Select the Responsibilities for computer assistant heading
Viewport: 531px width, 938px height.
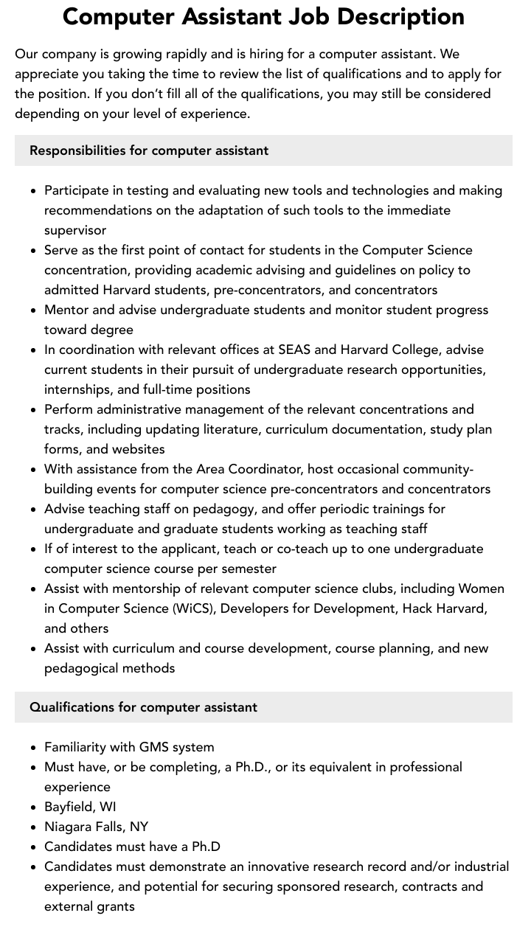(x=149, y=150)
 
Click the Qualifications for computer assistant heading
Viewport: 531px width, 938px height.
(x=143, y=707)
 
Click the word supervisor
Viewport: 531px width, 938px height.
(x=75, y=230)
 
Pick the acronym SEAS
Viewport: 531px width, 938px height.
(x=293, y=350)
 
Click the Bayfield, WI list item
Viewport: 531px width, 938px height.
(x=80, y=807)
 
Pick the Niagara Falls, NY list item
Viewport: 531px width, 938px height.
(x=96, y=827)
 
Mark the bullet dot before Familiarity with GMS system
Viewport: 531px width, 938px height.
(x=34, y=748)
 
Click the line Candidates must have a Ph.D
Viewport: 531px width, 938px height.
(x=132, y=847)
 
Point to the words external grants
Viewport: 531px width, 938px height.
(x=89, y=906)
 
